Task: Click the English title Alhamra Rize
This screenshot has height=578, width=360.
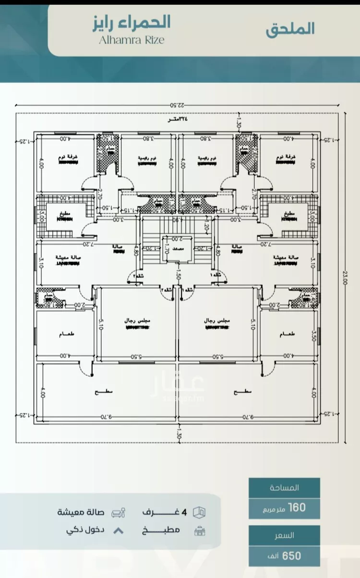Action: tap(132, 40)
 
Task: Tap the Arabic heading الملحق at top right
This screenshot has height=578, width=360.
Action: tap(290, 28)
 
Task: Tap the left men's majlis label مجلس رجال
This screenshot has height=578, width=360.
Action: tap(131, 320)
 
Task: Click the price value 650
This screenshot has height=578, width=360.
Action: tap(292, 555)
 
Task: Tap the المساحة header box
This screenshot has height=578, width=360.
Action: tap(284, 487)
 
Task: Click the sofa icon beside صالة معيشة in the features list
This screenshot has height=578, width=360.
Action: tap(118, 512)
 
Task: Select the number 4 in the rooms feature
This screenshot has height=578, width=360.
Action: tap(184, 512)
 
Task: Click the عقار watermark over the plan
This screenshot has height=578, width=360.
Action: tap(179, 382)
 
